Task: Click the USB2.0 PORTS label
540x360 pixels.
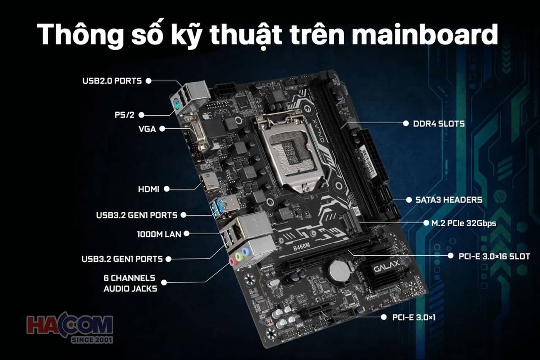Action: tap(112, 81)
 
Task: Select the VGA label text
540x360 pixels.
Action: tap(147, 129)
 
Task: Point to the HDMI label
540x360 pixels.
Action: tap(148, 189)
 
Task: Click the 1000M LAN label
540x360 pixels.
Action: tap(159, 234)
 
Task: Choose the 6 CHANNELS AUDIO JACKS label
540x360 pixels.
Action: tap(130, 283)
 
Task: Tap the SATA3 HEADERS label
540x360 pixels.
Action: tap(448, 200)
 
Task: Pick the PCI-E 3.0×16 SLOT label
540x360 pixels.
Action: tap(494, 256)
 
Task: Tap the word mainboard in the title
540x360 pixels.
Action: tap(425, 35)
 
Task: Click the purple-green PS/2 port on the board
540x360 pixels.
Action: tap(177, 104)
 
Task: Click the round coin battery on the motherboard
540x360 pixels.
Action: tap(340, 271)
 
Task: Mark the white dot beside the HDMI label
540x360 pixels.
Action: tap(166, 189)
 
